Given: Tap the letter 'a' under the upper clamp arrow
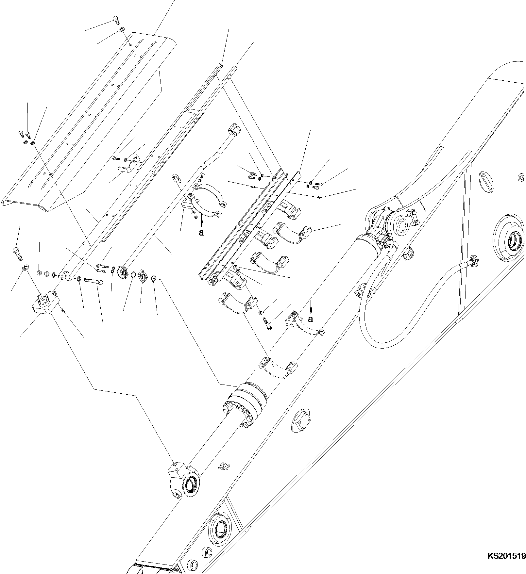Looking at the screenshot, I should (x=201, y=233).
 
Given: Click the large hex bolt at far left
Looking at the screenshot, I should (x=17, y=253).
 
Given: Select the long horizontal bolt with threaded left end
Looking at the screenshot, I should (x=94, y=281).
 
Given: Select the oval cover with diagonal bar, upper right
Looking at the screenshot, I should (x=487, y=180).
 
